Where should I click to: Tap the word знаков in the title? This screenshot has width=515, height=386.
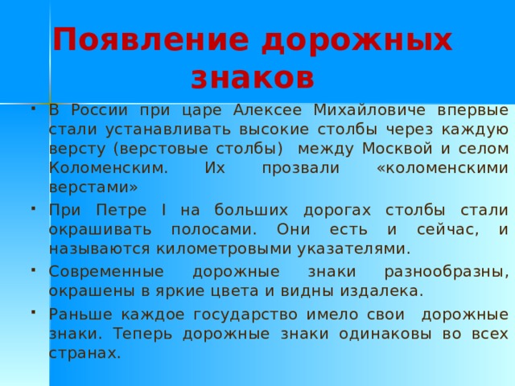(252, 78)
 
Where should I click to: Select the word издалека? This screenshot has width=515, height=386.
(384, 289)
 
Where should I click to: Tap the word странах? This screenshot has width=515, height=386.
(84, 352)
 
